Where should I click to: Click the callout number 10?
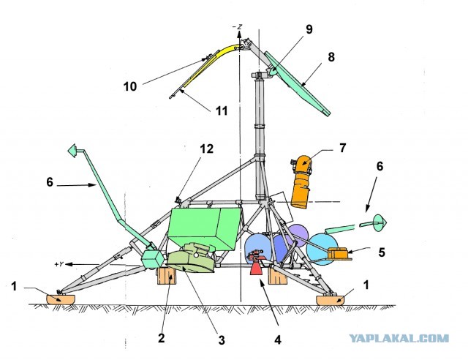[130, 86]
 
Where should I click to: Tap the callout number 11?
[222, 110]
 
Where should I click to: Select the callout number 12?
[207, 149]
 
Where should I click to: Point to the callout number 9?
[309, 29]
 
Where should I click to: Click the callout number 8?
[331, 57]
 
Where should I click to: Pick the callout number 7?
[342, 148]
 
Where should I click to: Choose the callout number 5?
[382, 252]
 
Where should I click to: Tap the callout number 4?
[278, 340]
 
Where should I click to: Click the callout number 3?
[221, 340]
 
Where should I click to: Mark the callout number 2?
[161, 338]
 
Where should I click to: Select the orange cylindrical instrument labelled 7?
[301, 182]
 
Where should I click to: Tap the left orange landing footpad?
[61, 299]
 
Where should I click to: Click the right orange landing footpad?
[330, 300]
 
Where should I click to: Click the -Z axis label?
[238, 27]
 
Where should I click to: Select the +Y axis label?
[59, 264]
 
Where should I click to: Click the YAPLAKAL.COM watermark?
[399, 339]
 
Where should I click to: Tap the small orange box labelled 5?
[338, 254]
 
